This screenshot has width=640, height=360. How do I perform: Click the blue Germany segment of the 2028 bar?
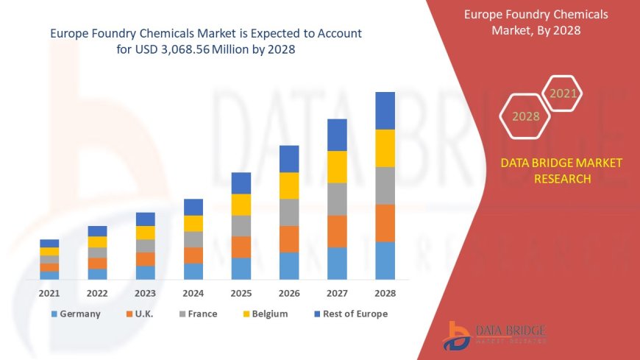(385, 261)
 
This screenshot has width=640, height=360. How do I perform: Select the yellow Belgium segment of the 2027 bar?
(337, 166)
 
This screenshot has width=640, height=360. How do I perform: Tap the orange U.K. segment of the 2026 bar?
(289, 239)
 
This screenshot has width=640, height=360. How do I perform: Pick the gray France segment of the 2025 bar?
(241, 225)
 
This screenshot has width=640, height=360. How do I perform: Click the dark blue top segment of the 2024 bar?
(193, 207)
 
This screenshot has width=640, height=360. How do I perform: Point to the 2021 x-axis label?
(49, 293)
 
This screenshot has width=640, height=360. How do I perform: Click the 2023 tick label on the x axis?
(145, 293)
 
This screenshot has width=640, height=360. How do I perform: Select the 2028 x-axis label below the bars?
(385, 293)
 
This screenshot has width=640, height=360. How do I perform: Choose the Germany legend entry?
(76, 314)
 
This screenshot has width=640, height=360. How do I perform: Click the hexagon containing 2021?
(563, 93)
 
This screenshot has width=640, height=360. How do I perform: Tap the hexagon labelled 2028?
(526, 116)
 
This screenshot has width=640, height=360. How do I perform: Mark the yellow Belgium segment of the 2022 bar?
(97, 241)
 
